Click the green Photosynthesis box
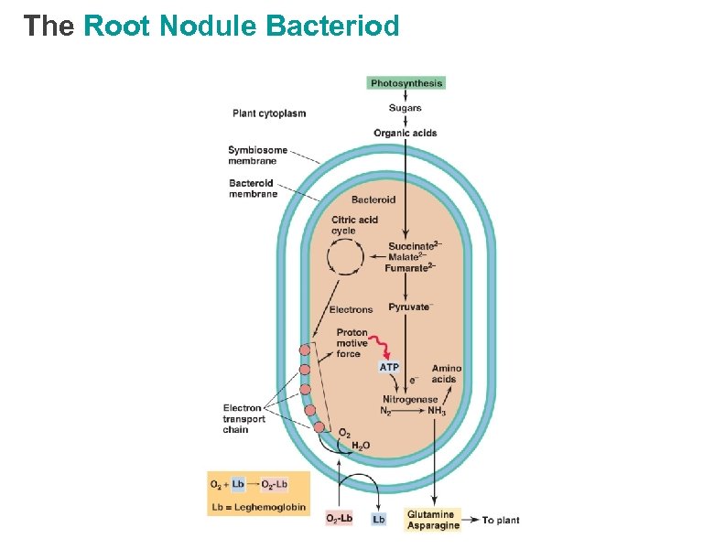point(406,83)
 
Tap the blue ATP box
point(389,367)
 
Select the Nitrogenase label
point(409,399)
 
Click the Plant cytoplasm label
point(269,113)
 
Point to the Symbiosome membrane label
point(257,156)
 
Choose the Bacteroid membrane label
point(253,188)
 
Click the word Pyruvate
point(408,307)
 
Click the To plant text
point(501,521)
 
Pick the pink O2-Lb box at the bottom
point(339,519)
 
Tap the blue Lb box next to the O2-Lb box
point(379,519)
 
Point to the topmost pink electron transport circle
point(305,350)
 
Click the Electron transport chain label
point(244,419)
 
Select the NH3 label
point(437,411)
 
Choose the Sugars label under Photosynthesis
point(405,108)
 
